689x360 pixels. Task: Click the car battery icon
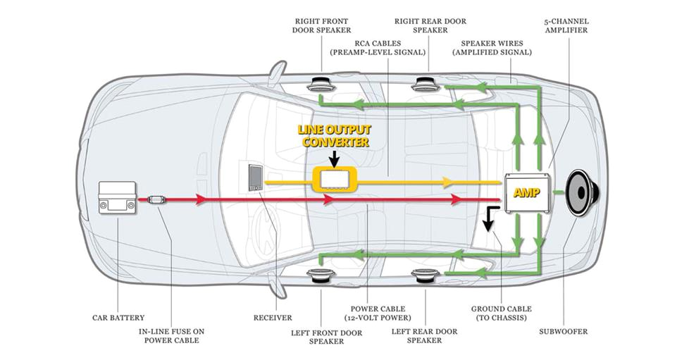117,200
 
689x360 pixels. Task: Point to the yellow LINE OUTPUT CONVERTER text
335,136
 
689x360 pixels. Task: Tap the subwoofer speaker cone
584,191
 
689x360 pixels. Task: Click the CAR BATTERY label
118,318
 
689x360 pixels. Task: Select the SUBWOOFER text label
564,331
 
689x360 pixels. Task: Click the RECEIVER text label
273,318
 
